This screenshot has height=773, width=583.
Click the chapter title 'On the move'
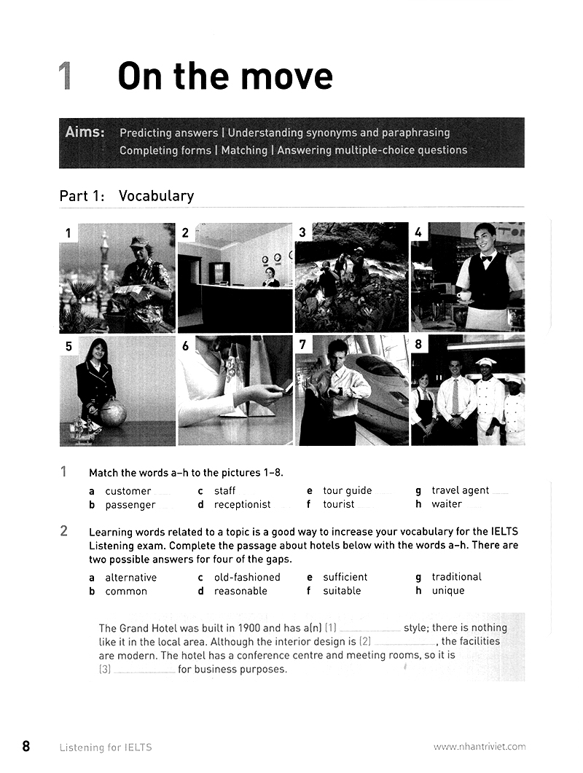click(224, 76)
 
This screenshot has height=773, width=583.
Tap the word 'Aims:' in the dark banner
click(85, 133)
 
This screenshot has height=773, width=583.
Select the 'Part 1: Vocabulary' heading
click(126, 196)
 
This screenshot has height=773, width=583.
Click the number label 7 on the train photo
click(302, 345)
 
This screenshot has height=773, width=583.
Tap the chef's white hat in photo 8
click(485, 362)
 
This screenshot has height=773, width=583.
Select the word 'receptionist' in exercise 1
click(242, 504)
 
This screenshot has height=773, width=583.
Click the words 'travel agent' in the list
click(460, 490)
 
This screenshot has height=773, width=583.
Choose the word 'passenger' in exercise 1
click(130, 505)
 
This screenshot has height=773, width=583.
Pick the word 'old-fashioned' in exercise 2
click(247, 577)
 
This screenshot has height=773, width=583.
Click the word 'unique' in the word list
click(447, 591)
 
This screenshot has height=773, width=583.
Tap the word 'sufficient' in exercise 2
click(345, 577)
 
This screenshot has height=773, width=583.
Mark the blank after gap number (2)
click(405, 643)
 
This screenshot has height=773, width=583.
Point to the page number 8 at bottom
click(26, 746)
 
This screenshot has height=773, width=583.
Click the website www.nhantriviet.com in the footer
click(479, 747)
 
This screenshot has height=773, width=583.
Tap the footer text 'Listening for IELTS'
click(106, 747)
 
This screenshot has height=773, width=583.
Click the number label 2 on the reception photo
click(186, 232)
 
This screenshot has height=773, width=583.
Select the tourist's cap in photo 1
click(139, 242)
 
